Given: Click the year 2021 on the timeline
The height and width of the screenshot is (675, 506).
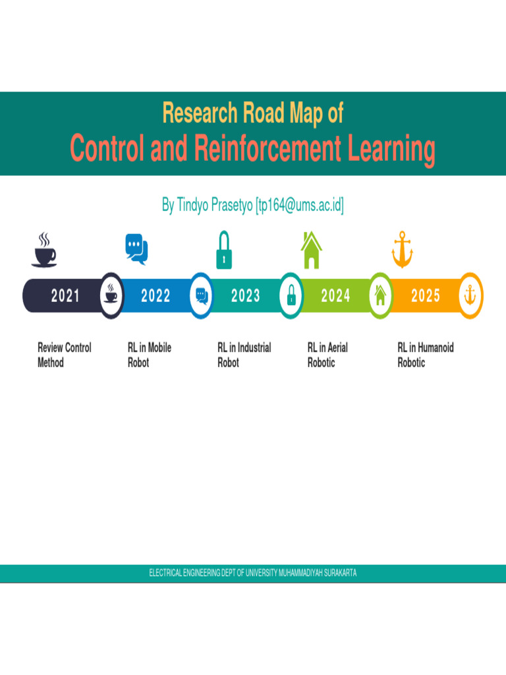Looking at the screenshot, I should coord(65,296).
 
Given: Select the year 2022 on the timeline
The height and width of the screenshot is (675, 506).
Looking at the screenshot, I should coord(155,296).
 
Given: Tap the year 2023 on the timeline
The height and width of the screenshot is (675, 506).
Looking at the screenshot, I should coord(246,296).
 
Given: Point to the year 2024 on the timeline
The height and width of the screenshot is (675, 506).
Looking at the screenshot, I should coord(335,296).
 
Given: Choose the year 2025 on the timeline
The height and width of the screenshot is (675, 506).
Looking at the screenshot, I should coord(426,296).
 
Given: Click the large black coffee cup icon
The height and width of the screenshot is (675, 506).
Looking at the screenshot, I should coord(44,249).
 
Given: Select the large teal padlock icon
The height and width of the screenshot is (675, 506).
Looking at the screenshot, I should coord(224,250).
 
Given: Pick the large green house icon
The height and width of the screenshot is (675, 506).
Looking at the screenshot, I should coord(311,250).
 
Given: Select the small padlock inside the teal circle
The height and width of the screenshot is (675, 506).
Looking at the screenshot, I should coord(291,295).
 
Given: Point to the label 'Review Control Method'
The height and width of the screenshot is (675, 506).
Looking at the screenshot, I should coord(65,355).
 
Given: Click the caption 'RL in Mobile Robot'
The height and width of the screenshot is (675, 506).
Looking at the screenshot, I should coord(150,355).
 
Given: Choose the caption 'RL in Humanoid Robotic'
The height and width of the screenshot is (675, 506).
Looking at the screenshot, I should coord(426,355).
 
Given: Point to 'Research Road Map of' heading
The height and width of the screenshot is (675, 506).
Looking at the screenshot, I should coord(253,113).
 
